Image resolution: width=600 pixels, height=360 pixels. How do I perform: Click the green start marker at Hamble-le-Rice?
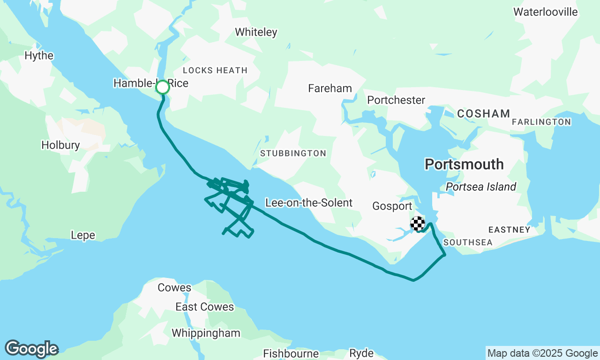point(162,87)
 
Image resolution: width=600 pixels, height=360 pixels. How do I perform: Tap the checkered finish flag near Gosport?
point(418,224)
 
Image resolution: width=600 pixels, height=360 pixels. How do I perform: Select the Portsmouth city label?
point(464,165)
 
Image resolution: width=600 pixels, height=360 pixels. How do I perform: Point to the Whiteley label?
point(256,32)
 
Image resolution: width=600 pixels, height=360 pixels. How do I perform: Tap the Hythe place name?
point(39,56)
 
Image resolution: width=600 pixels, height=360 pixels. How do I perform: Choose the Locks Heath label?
point(215,70)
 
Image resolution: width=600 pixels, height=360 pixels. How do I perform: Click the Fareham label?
point(330,88)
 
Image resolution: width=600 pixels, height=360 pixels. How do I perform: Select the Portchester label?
point(396,100)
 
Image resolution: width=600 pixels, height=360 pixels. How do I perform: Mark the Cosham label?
point(483,113)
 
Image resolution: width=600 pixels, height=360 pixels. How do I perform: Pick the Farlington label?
point(541,122)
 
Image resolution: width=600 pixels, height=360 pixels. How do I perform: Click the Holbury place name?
point(60,145)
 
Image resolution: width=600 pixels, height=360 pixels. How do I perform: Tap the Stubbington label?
point(293,153)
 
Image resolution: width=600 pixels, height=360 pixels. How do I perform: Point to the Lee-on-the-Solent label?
point(308,203)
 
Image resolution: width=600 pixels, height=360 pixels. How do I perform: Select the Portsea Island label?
point(481,187)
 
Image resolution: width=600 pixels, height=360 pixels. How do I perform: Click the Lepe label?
point(83,235)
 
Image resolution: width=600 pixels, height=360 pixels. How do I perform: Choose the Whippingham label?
point(206,333)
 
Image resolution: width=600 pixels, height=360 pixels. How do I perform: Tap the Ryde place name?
point(361,353)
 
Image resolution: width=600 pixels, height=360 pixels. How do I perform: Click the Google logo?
point(31,349)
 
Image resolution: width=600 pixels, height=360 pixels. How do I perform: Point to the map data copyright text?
point(542,353)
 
